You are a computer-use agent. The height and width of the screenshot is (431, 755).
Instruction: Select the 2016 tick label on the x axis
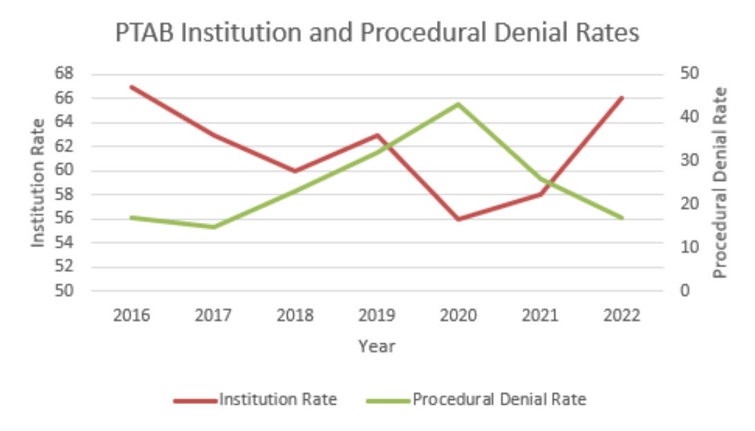pyautogui.click(x=131, y=316)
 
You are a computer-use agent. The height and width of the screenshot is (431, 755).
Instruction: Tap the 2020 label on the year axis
pyautogui.click(x=458, y=316)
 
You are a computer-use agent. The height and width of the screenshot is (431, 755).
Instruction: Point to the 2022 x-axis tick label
pyautogui.click(x=622, y=316)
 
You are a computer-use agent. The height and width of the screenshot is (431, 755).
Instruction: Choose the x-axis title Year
pyautogui.click(x=377, y=346)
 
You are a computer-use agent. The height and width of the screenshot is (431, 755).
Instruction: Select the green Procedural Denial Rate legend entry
pyautogui.click(x=499, y=399)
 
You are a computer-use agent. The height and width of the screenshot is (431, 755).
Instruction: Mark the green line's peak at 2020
pyautogui.click(x=458, y=104)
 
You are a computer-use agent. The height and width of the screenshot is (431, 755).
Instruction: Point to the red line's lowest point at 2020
pyautogui.click(x=458, y=219)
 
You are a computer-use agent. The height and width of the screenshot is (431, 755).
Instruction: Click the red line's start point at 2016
pyautogui.click(x=131, y=87)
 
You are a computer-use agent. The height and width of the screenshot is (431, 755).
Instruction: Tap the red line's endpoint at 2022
pyautogui.click(x=622, y=99)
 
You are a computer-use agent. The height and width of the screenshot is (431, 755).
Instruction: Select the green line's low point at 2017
pyautogui.click(x=213, y=227)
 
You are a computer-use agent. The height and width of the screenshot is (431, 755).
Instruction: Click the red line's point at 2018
pyautogui.click(x=295, y=171)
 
